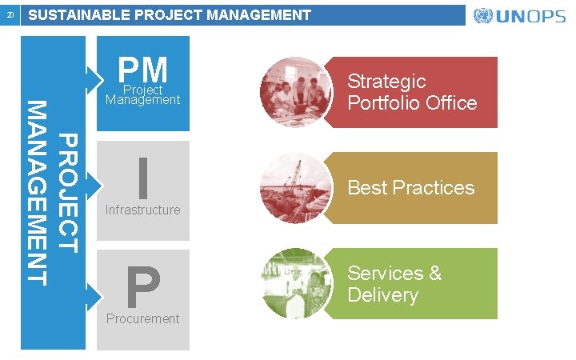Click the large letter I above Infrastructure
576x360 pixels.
[143, 178]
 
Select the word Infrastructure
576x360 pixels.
[143, 210]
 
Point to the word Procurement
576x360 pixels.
[143, 318]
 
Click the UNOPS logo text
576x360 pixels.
[531, 17]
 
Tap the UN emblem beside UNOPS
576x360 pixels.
[483, 16]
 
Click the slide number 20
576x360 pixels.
[10, 15]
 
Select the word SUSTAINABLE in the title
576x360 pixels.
[77, 15]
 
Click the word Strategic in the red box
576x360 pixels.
[386, 82]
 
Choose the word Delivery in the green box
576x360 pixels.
[383, 295]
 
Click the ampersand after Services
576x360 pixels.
[434, 274]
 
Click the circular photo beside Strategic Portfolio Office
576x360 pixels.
[296, 90]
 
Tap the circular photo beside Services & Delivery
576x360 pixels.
[296, 284]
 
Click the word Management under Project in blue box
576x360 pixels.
[143, 100]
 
